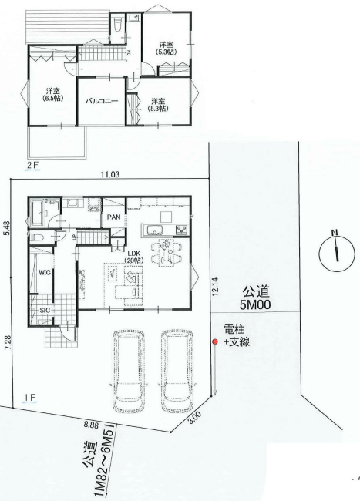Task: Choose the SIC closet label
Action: pos(44,310)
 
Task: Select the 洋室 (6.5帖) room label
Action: pos(52,95)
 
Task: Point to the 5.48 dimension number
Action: pos(6,229)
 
